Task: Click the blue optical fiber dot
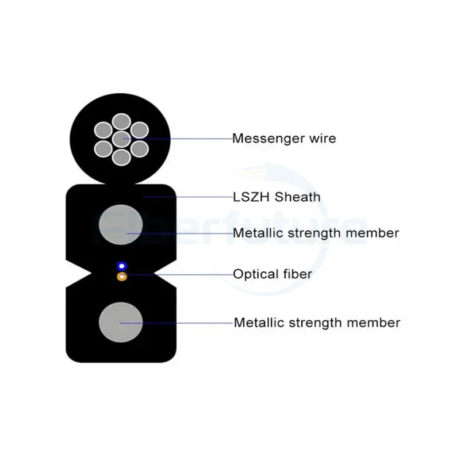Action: [121, 266]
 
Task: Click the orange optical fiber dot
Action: [121, 277]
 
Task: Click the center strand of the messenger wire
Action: [121, 139]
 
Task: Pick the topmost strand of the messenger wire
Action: [121, 122]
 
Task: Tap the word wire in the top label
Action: [323, 139]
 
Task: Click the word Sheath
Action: [297, 197]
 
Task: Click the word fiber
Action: [297, 274]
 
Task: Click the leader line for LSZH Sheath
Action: [190, 197]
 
